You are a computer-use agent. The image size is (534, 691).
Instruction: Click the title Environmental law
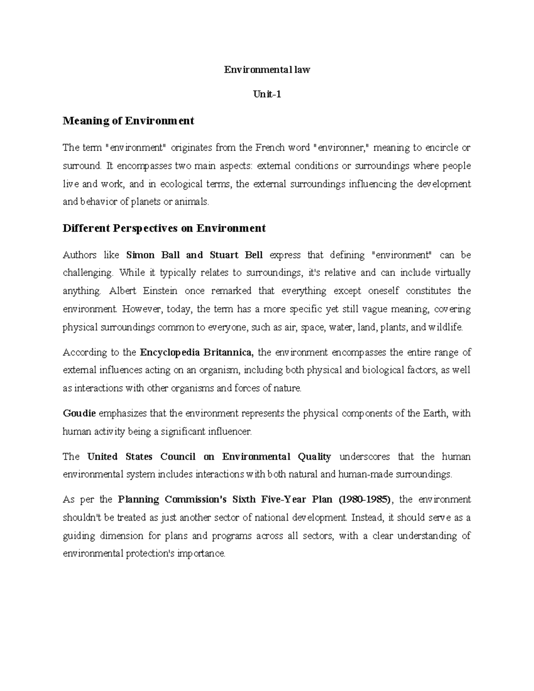pos(267,69)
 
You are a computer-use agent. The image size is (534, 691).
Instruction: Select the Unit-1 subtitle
pos(267,94)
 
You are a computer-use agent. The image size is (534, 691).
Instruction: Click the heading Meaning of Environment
pos(129,121)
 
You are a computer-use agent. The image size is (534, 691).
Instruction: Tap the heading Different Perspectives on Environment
pos(164,228)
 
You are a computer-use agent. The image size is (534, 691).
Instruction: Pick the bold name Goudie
pos(80,413)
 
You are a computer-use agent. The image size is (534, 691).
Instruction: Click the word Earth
pos(434,413)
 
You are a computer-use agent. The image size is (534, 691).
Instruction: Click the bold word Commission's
pos(196,499)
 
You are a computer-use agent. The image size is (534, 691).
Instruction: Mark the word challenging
pos(88,273)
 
